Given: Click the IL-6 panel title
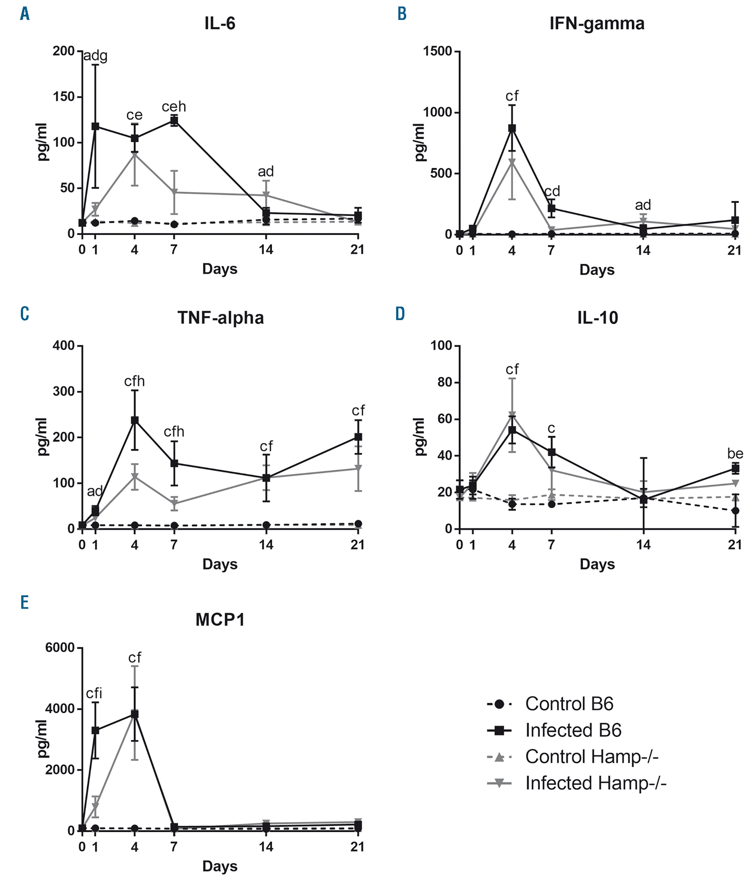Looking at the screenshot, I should (220, 24).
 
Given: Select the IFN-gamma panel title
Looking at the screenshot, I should (597, 24).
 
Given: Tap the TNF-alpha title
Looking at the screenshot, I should (220, 318).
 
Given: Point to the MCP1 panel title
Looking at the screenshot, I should (220, 620).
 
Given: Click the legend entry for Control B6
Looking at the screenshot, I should (569, 704).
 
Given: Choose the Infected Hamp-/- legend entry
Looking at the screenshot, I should (596, 783).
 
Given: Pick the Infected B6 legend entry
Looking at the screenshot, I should (573, 730).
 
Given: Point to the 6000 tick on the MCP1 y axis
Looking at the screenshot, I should (60, 648).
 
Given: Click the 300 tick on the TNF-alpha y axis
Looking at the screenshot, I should (63, 392).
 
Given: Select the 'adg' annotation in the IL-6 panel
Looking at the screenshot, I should (95, 56).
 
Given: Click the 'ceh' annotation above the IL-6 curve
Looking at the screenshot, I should (174, 106).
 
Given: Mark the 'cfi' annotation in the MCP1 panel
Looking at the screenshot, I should (94, 694).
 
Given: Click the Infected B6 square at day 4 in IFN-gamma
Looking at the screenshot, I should (512, 128).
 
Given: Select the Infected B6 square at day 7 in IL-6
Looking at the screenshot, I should (174, 121).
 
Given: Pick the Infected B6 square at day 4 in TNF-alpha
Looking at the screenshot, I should (134, 420).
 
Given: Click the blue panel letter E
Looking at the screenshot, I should (25, 603).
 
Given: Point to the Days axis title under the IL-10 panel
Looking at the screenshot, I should (597, 564).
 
